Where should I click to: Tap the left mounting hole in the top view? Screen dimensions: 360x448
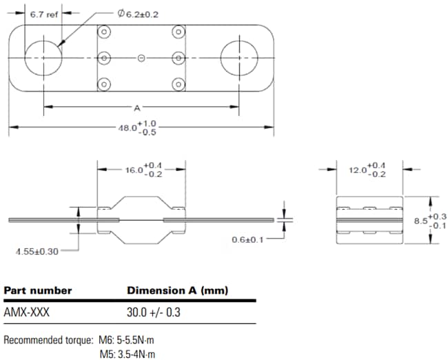pyautogui.click(x=45, y=58)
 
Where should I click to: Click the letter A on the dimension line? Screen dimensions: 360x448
pyautogui.click(x=138, y=107)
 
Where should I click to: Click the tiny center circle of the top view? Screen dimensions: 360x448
pyautogui.click(x=141, y=58)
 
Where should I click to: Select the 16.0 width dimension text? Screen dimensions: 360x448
pyautogui.click(x=142, y=170)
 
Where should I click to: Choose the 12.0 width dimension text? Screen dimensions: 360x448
pyautogui.click(x=367, y=170)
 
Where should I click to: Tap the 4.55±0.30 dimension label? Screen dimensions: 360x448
pyautogui.click(x=38, y=251)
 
